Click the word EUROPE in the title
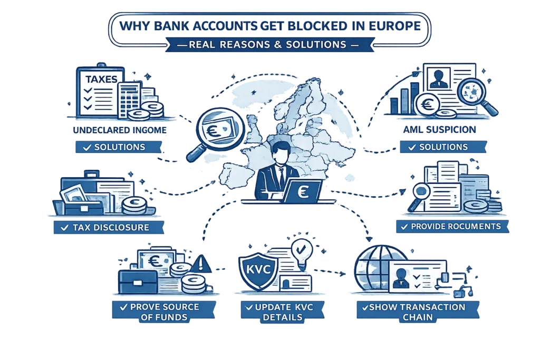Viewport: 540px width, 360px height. coord(394,26)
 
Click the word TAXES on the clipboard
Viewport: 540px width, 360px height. coord(101,79)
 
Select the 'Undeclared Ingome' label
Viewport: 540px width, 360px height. coord(120,130)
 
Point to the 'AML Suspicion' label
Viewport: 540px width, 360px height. coord(439,130)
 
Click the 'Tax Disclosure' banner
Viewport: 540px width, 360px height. coord(109,228)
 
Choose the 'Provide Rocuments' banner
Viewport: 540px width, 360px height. coord(452,227)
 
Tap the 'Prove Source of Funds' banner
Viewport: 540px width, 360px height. coord(164,312)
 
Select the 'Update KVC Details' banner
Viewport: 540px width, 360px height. coord(283,312)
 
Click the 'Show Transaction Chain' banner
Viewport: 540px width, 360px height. coord(418,312)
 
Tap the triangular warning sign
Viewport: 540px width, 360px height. coord(202,264)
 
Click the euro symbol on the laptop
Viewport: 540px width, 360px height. coord(303,191)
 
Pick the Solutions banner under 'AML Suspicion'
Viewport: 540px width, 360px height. coord(443,147)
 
